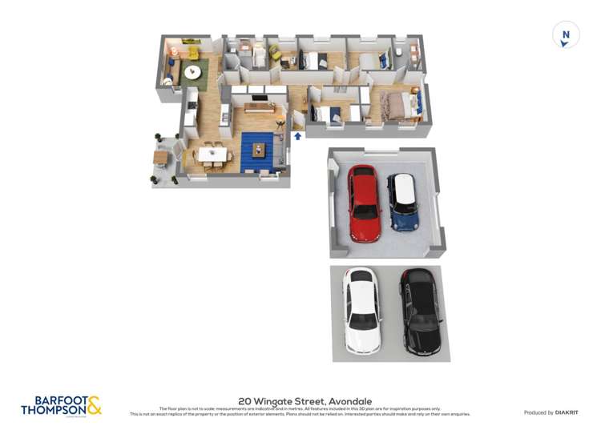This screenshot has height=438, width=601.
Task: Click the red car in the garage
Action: click(x=364, y=203)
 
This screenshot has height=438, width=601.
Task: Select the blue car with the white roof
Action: click(x=403, y=202)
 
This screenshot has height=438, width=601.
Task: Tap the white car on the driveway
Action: click(x=361, y=310)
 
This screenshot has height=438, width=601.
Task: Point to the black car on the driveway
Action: click(x=422, y=311)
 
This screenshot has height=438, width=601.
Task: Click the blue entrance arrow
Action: click(x=298, y=137)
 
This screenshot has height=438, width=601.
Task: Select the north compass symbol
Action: click(x=566, y=35)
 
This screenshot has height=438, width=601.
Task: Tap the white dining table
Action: click(x=212, y=153)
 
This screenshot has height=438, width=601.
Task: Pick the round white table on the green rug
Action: click(x=193, y=72)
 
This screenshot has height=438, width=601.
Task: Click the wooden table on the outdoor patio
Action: click(x=161, y=157)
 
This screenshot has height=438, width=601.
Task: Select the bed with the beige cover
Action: click(x=396, y=105)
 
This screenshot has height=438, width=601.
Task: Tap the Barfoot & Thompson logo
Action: click(x=61, y=405)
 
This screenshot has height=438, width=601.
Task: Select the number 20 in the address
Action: click(x=244, y=400)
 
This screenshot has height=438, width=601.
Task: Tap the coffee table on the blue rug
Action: click(x=258, y=149)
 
